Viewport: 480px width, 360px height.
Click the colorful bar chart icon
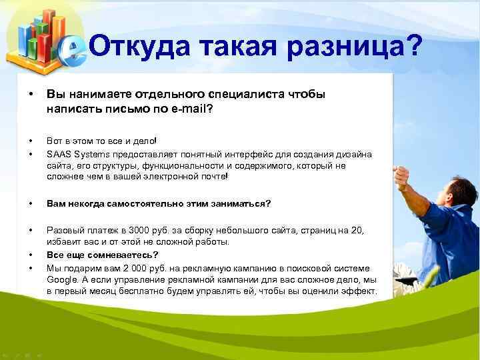37,37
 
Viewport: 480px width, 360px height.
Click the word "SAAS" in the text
59,154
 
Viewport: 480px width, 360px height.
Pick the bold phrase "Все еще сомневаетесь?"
102,255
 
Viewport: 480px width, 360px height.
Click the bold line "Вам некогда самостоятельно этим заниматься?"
159,203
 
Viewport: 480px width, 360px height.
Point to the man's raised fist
402,175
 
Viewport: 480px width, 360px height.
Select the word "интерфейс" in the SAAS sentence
279,154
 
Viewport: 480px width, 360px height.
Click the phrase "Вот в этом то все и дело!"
101,141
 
